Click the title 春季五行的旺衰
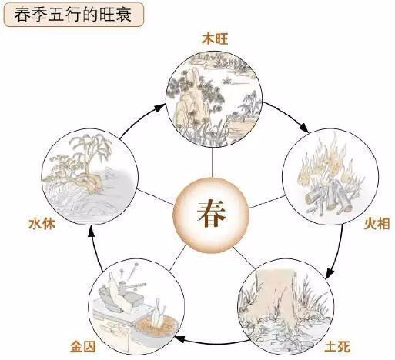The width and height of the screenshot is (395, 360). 73,15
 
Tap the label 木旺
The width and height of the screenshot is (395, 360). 215,40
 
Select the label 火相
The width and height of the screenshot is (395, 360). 377,224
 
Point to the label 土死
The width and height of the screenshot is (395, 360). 337,347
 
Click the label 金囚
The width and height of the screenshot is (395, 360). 83,347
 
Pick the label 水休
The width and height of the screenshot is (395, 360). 42,224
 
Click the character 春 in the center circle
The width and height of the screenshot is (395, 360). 212,214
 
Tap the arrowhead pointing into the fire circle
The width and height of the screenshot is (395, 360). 305,128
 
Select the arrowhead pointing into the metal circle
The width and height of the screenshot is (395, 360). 180,339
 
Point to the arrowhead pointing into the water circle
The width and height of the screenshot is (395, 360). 91,233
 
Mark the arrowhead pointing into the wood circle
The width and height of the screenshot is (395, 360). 161,107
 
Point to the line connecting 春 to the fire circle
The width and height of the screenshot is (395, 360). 267,202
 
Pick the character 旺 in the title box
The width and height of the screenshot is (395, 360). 107,15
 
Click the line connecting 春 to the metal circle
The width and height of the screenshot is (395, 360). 177,257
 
